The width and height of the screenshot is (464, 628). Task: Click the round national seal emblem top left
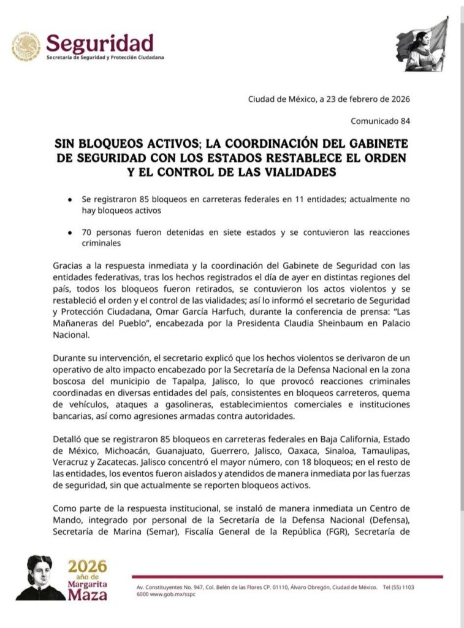26,47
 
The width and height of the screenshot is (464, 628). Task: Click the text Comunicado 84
380,121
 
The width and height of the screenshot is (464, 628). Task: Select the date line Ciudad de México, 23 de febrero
329,99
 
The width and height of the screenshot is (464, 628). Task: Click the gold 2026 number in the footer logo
87,566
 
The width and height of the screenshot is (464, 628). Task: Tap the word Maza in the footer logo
88,594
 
